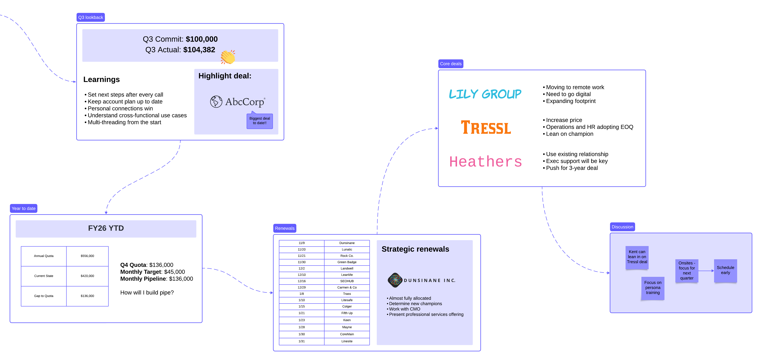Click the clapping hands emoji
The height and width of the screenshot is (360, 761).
point(228,57)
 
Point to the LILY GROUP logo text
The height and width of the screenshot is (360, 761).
point(485,94)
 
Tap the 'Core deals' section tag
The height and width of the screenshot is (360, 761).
point(451,64)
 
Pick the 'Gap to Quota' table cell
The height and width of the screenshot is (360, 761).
point(44,296)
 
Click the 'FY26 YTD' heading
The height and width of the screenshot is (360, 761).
point(106,228)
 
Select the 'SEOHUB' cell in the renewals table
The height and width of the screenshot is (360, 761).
point(347,281)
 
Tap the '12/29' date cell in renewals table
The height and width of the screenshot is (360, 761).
point(302,287)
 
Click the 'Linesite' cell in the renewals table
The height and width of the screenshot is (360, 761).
point(347,341)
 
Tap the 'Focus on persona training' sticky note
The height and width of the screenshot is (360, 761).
point(653,288)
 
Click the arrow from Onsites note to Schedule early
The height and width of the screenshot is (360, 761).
point(706,271)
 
